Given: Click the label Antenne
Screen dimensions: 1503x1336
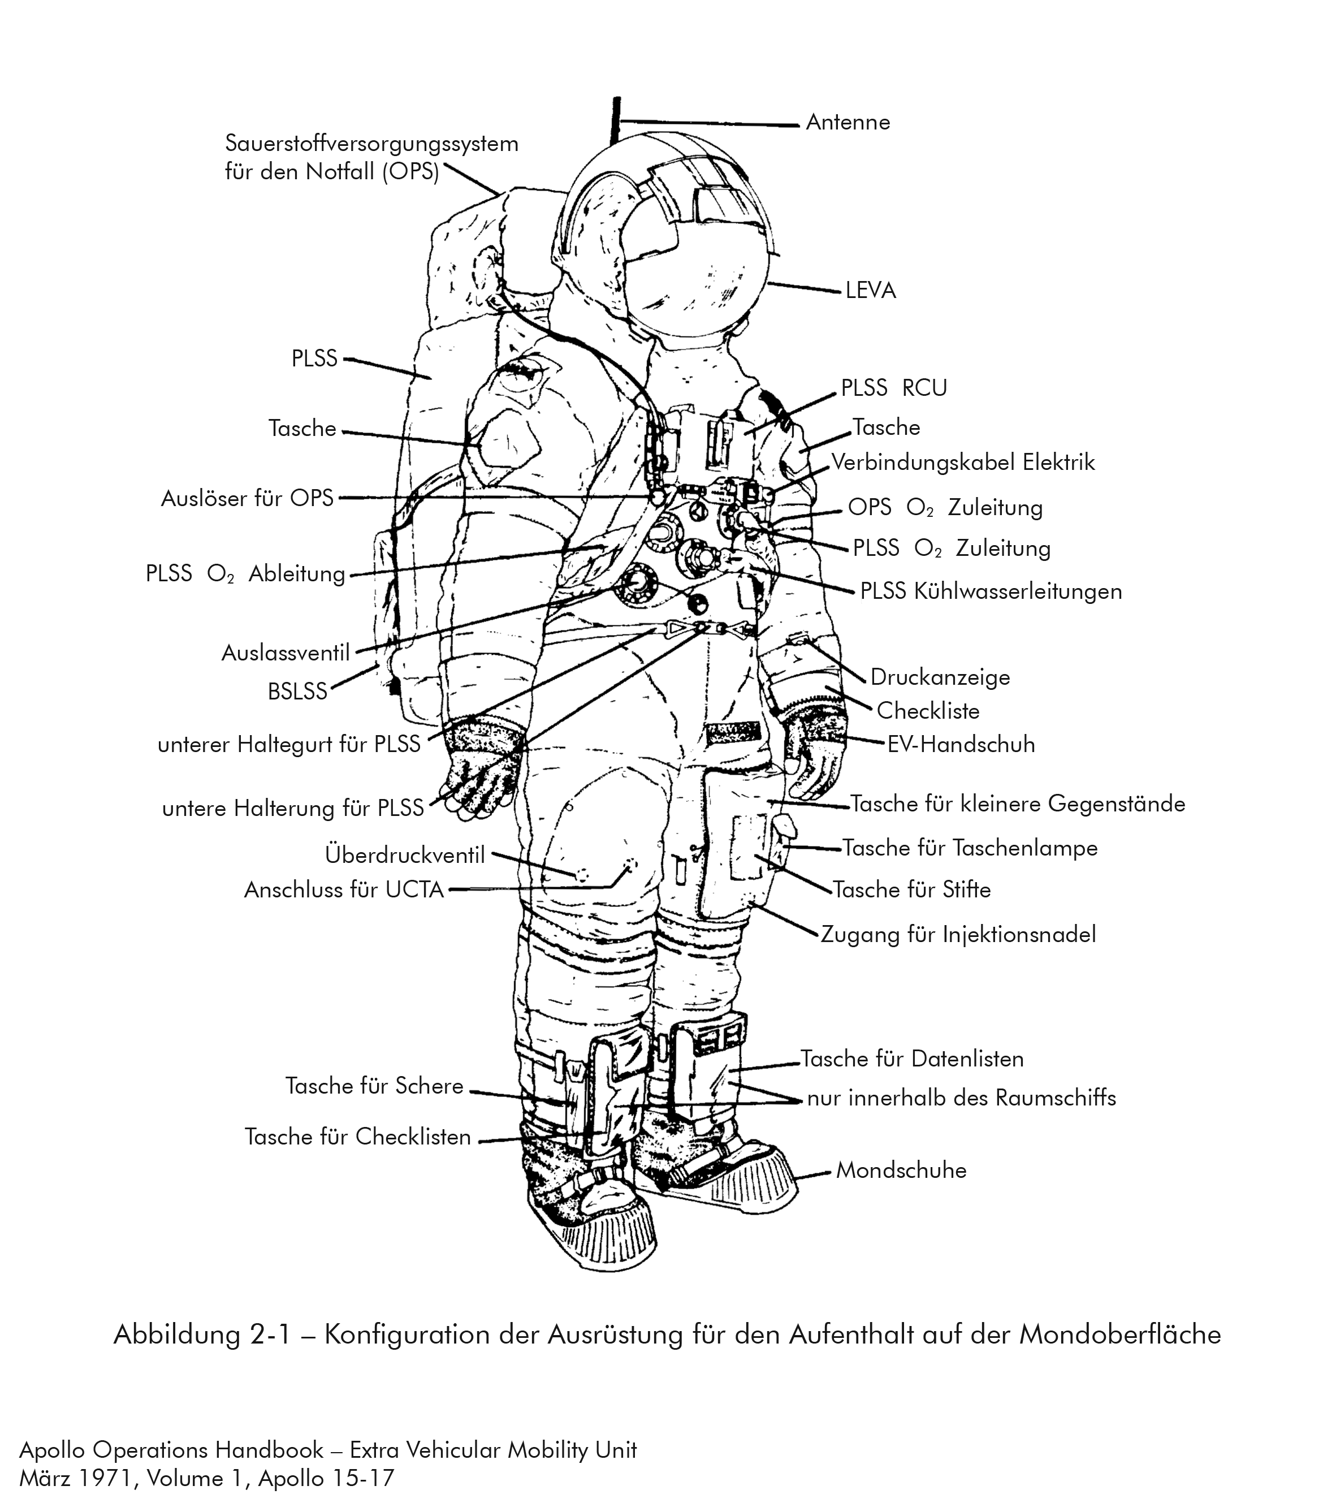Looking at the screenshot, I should [x=847, y=122].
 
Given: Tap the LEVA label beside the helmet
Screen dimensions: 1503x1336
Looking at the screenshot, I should [x=871, y=291].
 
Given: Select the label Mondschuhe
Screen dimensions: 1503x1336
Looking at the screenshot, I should [x=901, y=1170].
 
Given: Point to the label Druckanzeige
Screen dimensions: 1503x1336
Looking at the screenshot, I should [x=940, y=677].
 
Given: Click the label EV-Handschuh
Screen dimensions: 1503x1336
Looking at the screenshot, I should [x=961, y=744].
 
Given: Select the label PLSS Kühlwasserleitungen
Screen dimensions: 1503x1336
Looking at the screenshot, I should [x=991, y=591].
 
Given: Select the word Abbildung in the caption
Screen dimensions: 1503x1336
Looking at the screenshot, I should [x=176, y=1334].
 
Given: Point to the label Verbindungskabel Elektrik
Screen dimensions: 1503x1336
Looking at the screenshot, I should [x=962, y=463].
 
